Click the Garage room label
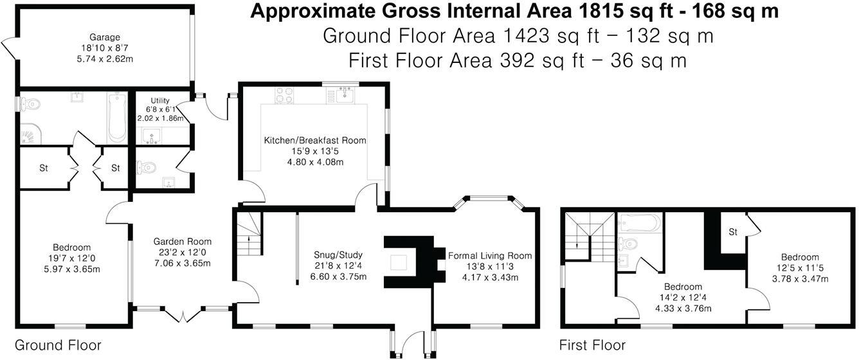coord(105,37)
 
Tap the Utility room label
coord(160,101)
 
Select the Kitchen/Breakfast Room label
coord(315,140)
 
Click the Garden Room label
coord(180,241)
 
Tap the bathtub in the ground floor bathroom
coord(116,118)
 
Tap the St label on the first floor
coord(733,231)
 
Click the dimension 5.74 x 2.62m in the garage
coord(105,59)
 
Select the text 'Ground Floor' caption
coord(58,345)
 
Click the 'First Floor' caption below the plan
coord(592,345)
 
